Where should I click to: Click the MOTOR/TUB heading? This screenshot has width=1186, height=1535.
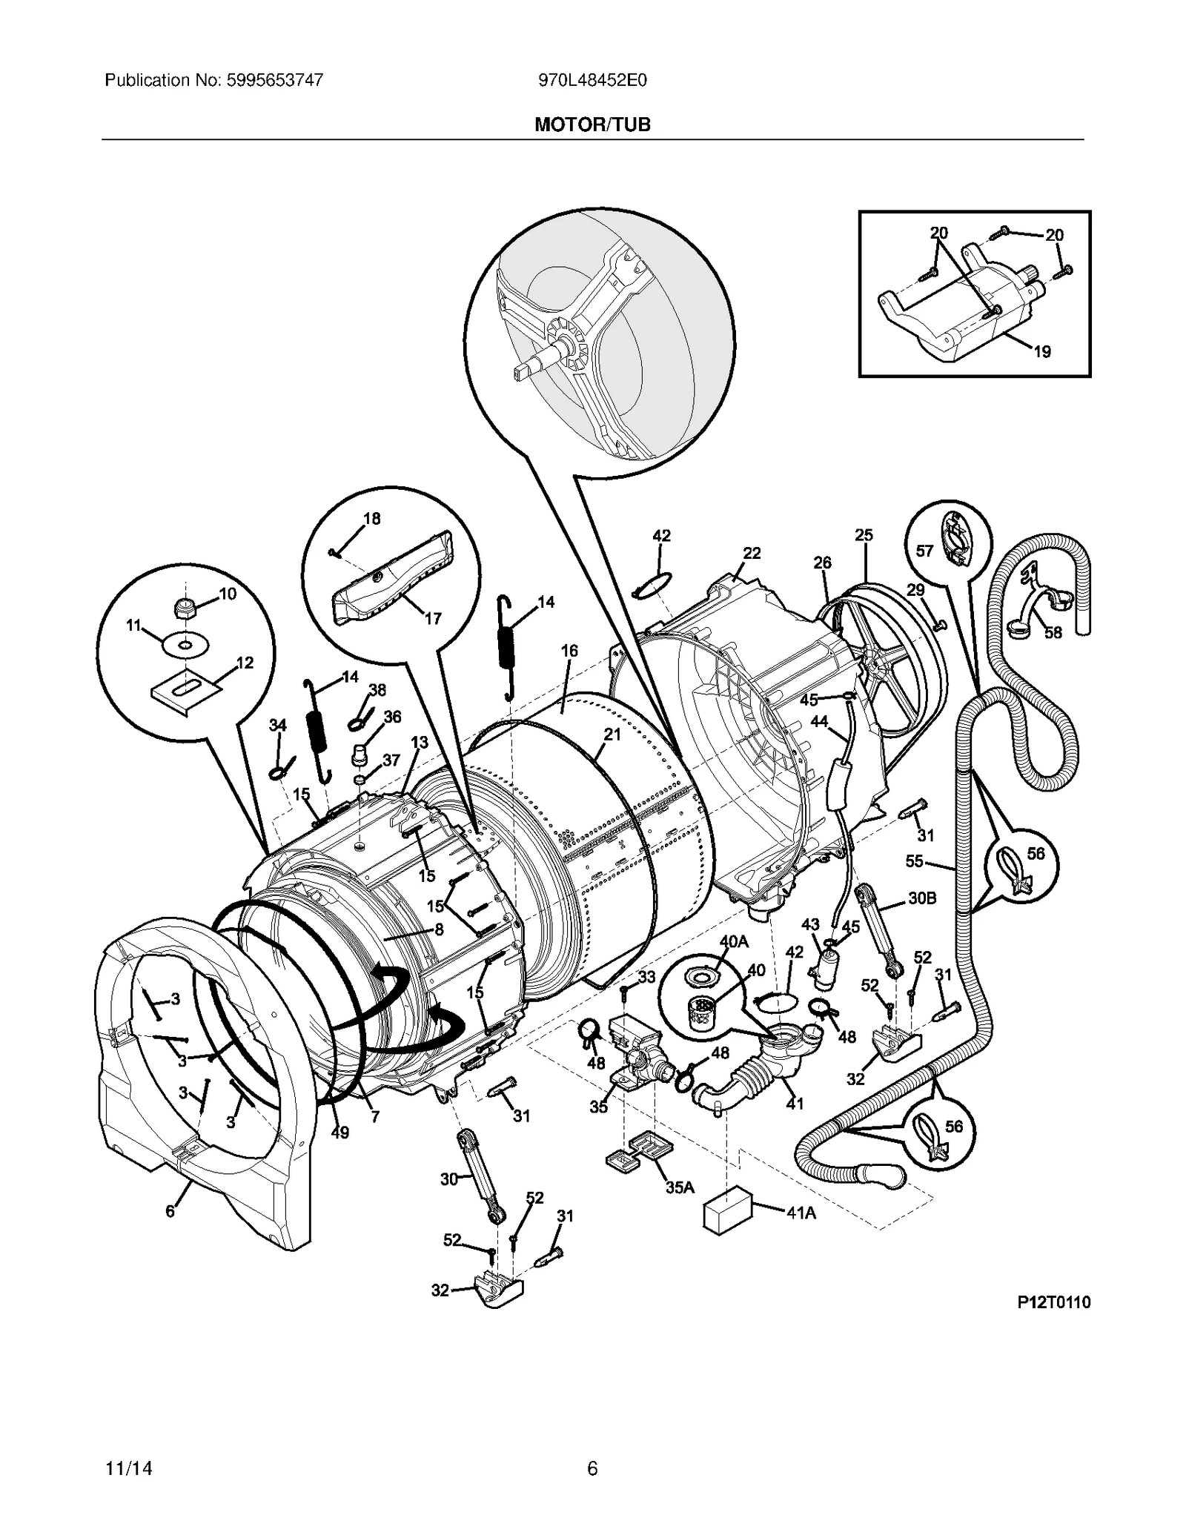pos(592,125)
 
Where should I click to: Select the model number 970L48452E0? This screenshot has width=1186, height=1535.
pos(592,80)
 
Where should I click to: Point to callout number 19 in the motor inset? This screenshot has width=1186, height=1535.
pos(1042,351)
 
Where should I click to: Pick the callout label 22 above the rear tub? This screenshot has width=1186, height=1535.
pos(752,553)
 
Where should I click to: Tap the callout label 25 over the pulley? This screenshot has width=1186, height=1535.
pos(864,534)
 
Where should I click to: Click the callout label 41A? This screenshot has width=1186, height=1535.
pos(801,1213)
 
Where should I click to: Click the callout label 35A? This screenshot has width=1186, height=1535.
pos(679,1187)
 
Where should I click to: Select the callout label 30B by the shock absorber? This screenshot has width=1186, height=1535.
pos(922,898)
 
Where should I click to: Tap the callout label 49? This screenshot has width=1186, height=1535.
pos(339,1133)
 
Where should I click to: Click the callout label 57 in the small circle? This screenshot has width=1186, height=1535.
pos(924,551)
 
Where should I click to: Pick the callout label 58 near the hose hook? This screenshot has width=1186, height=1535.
pos(1053,632)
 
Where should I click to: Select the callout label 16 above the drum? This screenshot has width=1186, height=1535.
pos(569,651)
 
